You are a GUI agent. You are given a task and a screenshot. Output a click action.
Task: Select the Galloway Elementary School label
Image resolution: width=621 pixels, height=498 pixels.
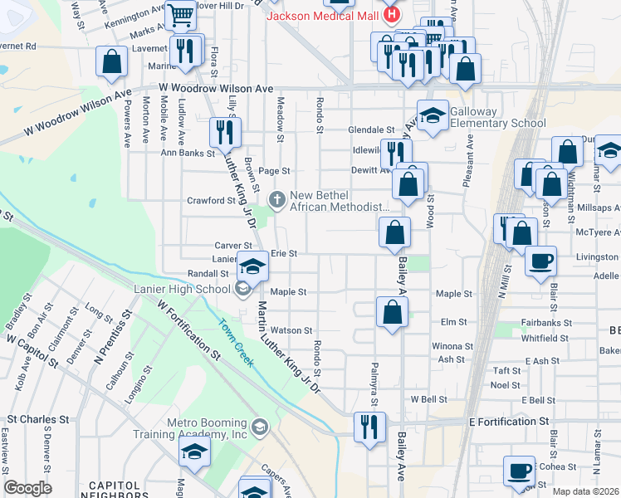pos(498,118)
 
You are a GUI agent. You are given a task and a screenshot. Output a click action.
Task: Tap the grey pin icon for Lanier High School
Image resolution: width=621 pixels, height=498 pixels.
pos(242,289)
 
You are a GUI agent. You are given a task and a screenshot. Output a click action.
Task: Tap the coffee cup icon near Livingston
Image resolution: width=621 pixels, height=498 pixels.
pos(540,261)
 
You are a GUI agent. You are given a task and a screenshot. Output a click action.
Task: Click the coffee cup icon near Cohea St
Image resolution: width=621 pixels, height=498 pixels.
pos(520,471)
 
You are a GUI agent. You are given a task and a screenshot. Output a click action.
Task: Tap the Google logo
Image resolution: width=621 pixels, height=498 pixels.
pos(27,488)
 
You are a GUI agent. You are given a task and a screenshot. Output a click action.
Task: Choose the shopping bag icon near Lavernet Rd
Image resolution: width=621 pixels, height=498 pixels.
pos(111,61)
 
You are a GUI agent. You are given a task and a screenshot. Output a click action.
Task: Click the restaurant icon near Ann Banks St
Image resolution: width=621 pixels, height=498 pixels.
pos(225,131)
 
